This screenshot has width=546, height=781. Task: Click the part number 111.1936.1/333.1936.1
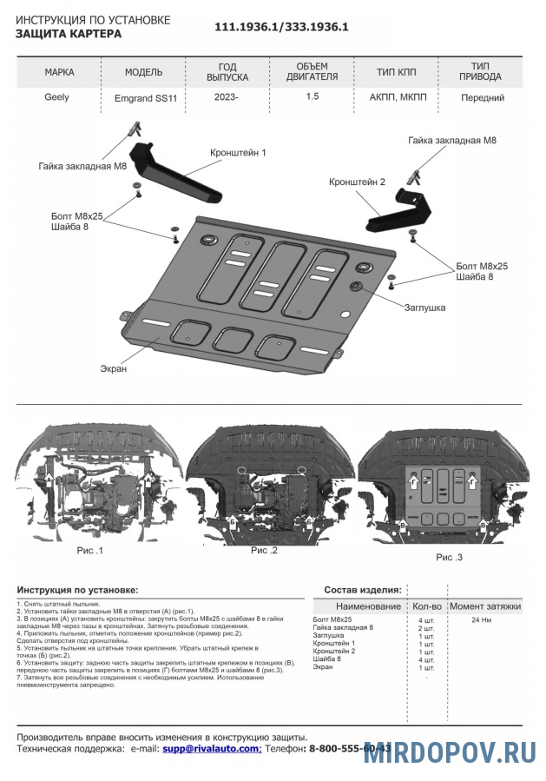[281, 27]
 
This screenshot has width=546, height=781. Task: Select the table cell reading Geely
[56, 97]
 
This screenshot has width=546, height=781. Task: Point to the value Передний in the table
[483, 98]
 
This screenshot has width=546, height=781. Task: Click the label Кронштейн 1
[237, 152]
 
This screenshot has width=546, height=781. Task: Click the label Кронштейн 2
[357, 182]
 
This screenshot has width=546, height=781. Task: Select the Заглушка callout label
[424, 308]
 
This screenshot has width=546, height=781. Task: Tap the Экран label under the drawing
[113, 368]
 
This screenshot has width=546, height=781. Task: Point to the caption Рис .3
[450, 557]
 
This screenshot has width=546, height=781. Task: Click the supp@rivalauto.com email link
[211, 748]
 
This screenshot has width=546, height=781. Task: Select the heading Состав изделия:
[363, 589]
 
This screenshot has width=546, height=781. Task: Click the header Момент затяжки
[485, 606]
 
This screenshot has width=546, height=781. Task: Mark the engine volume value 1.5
[312, 97]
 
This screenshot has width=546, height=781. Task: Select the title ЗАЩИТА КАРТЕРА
[69, 34]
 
